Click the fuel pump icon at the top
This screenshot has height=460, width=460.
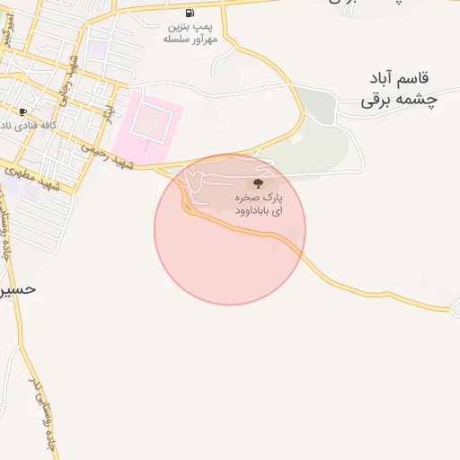coord(190,13)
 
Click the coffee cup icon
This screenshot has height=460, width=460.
coord(22,111)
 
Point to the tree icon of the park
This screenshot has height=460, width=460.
coord(259,183)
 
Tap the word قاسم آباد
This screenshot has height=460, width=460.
coord(402,80)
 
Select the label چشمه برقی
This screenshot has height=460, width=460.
coord(398,101)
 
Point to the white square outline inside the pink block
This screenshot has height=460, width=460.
coord(149,120)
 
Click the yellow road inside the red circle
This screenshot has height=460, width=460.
coord(234,226)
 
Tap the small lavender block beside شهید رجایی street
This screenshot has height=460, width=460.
coord(94,49)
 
